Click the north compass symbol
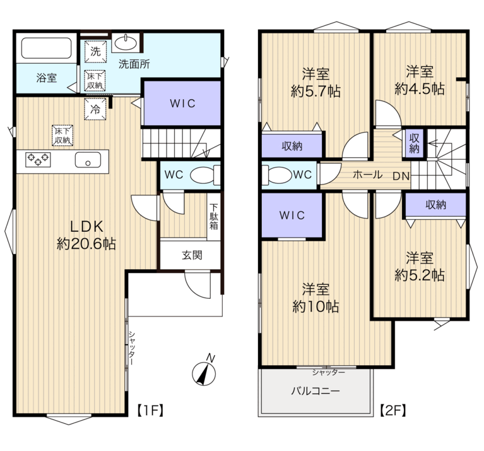coord(204,373)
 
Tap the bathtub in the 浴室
coord(46,48)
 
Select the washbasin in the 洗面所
coord(126,42)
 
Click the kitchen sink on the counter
coord(88,160)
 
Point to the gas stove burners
coord(38,159)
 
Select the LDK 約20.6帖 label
coord(86,236)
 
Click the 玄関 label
coord(192,255)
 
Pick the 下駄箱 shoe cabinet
coord(214,217)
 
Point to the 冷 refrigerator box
coord(95,109)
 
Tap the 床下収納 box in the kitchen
coord(62,135)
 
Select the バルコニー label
coord(316,391)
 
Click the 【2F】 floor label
coord(393,411)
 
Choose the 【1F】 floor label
coord(150,411)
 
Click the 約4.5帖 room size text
coord(420,89)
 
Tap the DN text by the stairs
coord(401,176)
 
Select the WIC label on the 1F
coord(183,104)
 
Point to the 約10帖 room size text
coord(316,306)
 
